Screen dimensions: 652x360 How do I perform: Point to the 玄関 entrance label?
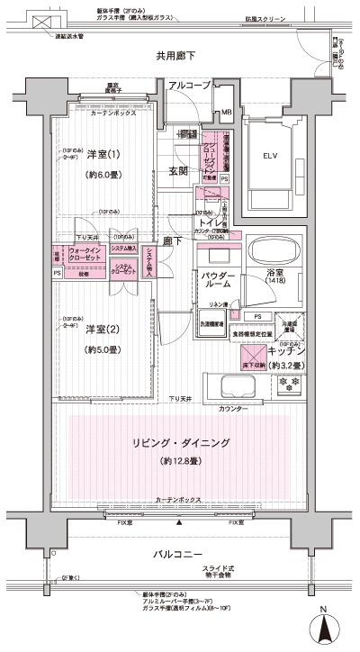click(x=177, y=171)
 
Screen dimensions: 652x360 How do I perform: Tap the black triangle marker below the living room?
click(x=179, y=522)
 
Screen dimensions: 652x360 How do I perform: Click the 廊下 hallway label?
click(x=172, y=241)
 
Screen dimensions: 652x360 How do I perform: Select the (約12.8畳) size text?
click(x=179, y=461)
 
